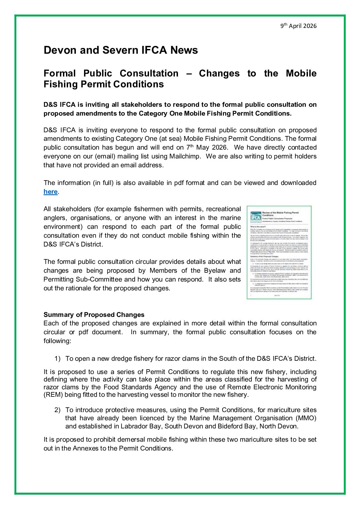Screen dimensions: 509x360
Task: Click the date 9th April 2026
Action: [298, 26]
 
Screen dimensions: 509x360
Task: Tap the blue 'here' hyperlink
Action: [50, 192]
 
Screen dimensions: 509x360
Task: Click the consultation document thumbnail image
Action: [279, 252]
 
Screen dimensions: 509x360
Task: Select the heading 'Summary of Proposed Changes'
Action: [94, 315]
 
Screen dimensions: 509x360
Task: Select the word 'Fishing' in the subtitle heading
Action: [60, 84]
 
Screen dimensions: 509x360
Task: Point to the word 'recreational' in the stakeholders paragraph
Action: [223, 209]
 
